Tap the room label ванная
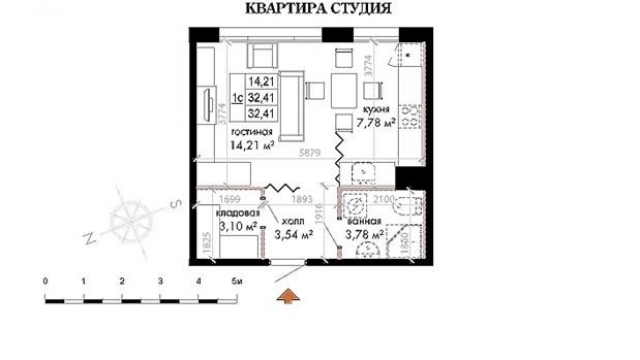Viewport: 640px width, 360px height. pyautogui.click(x=364, y=222)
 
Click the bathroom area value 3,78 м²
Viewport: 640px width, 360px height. pyautogui.click(x=364, y=236)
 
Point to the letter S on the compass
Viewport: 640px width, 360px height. pyautogui.click(x=172, y=203)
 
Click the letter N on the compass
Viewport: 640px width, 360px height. pyautogui.click(x=90, y=238)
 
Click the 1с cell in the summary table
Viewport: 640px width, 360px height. pyautogui.click(x=237, y=98)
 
